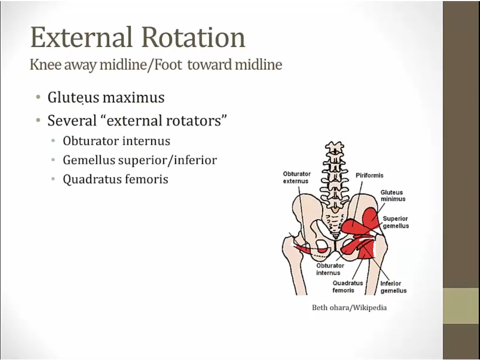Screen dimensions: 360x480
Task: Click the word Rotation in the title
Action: pos(194,37)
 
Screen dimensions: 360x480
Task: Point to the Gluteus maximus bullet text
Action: pos(106,98)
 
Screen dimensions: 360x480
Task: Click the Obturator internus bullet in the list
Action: pos(116,141)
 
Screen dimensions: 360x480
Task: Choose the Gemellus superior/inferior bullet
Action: pos(140,160)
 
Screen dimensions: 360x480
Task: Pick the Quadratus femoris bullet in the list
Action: pos(115,179)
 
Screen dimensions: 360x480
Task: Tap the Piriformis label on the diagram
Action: pos(369,175)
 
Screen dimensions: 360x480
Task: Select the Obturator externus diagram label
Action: pos(297,178)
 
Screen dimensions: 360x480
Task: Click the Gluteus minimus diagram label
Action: pos(393,196)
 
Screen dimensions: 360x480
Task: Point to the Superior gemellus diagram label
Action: pos(395,222)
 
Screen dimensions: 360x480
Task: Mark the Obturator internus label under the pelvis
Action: pos(330,269)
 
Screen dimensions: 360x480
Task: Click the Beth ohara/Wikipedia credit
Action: pos(349,308)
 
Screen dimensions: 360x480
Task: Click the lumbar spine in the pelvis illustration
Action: pos(334,176)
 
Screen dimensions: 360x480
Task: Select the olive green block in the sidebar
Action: pos(461,306)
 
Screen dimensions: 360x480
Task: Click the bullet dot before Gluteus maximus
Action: pos(38,98)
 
